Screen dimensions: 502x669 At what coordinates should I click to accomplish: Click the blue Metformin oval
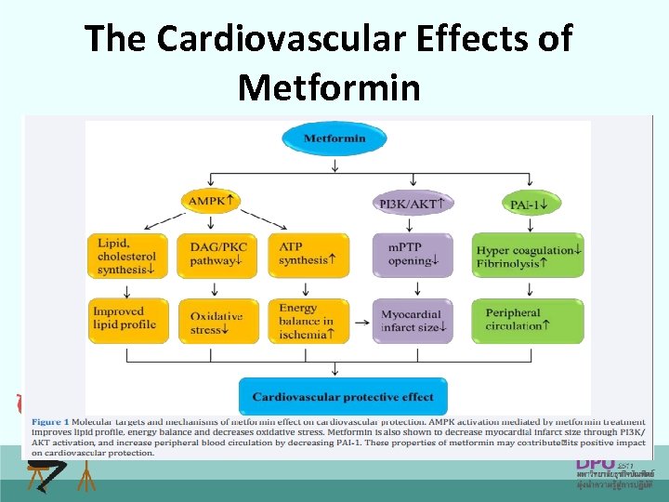(x=334, y=139)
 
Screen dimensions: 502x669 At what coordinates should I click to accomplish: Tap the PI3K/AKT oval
(x=412, y=203)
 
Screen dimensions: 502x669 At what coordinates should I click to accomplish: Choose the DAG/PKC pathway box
(x=212, y=255)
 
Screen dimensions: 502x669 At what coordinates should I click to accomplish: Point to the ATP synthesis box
(x=308, y=255)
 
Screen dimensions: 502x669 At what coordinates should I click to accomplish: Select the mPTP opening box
(x=412, y=255)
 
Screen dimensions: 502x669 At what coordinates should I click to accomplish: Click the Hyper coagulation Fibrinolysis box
(x=528, y=256)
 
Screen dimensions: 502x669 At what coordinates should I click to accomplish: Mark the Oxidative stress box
(x=212, y=321)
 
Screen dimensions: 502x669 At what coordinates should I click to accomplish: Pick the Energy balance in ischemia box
(x=308, y=321)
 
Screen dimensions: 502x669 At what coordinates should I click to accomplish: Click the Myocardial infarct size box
(x=412, y=321)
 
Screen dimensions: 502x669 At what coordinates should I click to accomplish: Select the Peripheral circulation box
(x=528, y=320)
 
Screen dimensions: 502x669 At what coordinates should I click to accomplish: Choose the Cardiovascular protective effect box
(x=343, y=397)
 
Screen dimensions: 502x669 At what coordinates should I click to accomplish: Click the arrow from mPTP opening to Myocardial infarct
(x=412, y=287)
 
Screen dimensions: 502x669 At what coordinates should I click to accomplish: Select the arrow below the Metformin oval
(x=334, y=164)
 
